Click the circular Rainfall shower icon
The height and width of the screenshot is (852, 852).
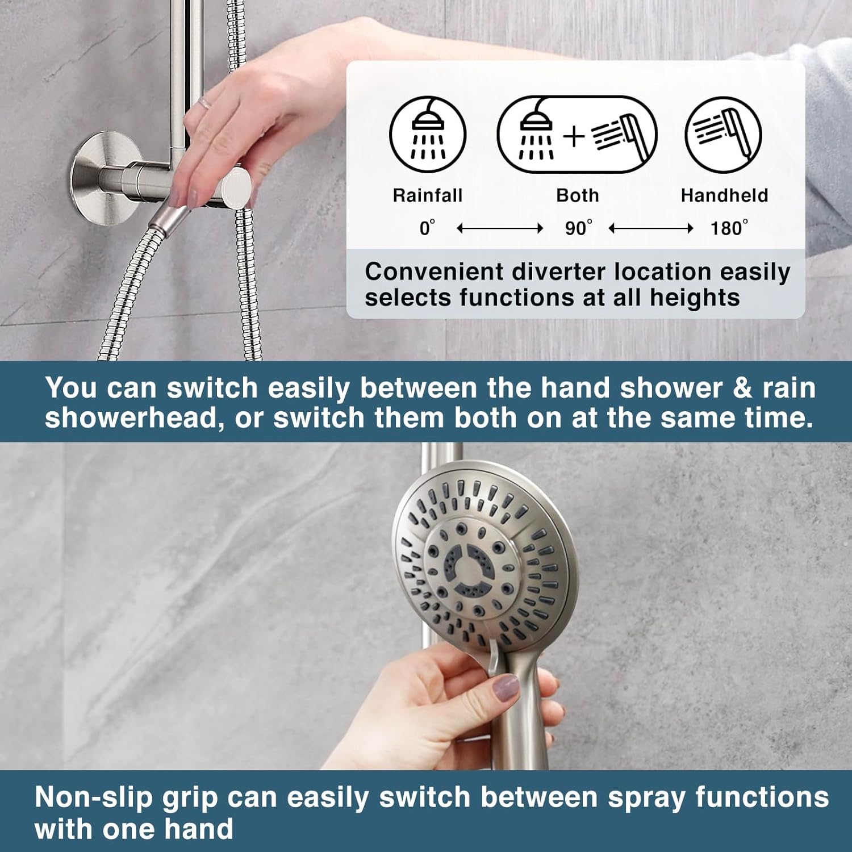coord(428,135)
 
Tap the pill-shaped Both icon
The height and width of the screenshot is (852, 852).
coord(577,135)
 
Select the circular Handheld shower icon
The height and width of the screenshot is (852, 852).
coord(724,135)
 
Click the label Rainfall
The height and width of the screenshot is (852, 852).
coord(428,195)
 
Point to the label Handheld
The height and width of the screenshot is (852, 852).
coord(724,195)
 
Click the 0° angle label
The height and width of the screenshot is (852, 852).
coord(427,228)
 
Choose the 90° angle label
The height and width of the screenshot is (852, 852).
coord(578,228)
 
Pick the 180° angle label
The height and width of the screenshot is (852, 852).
coord(729,228)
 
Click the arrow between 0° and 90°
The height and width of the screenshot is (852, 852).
coord(500,228)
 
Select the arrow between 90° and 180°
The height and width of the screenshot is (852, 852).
coord(651,228)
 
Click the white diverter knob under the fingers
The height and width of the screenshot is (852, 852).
coord(236,187)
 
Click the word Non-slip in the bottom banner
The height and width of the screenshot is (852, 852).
coord(94,797)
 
